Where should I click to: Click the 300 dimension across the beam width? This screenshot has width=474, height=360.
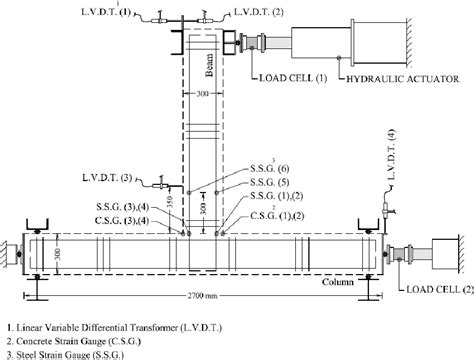tap(204, 99)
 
